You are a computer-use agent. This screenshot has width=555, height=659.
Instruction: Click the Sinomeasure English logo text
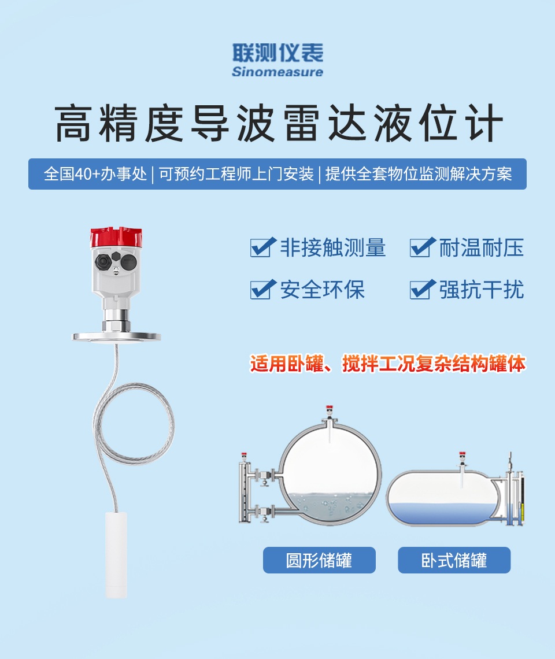click(277, 72)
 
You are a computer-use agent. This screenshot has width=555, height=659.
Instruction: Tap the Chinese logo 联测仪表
click(278, 53)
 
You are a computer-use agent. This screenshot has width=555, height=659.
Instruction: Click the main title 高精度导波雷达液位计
click(278, 124)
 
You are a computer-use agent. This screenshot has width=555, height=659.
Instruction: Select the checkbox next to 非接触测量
click(263, 247)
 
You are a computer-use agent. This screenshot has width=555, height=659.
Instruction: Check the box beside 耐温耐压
click(422, 247)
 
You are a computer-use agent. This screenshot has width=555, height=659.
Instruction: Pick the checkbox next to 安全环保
click(263, 289)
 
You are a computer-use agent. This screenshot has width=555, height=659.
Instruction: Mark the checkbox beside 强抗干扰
click(422, 289)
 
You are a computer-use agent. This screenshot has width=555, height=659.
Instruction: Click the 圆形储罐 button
click(319, 560)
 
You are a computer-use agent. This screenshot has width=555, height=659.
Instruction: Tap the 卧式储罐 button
click(454, 560)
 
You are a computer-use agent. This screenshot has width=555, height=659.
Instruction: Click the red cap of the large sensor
click(116, 238)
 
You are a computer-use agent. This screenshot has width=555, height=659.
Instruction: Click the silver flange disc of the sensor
click(116, 336)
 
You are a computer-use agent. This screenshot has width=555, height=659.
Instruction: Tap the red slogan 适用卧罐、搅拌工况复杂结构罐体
click(388, 364)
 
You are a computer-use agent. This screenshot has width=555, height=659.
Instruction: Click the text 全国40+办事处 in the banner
click(95, 174)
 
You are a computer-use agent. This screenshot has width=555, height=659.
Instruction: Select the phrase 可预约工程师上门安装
click(236, 174)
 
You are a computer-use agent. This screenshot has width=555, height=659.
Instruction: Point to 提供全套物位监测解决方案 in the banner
click(419, 174)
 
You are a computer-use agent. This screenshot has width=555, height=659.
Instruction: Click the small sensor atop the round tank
click(330, 413)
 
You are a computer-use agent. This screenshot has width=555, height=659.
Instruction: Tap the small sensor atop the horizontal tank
click(462, 459)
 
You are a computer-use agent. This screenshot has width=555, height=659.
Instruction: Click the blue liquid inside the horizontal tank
click(442, 513)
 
